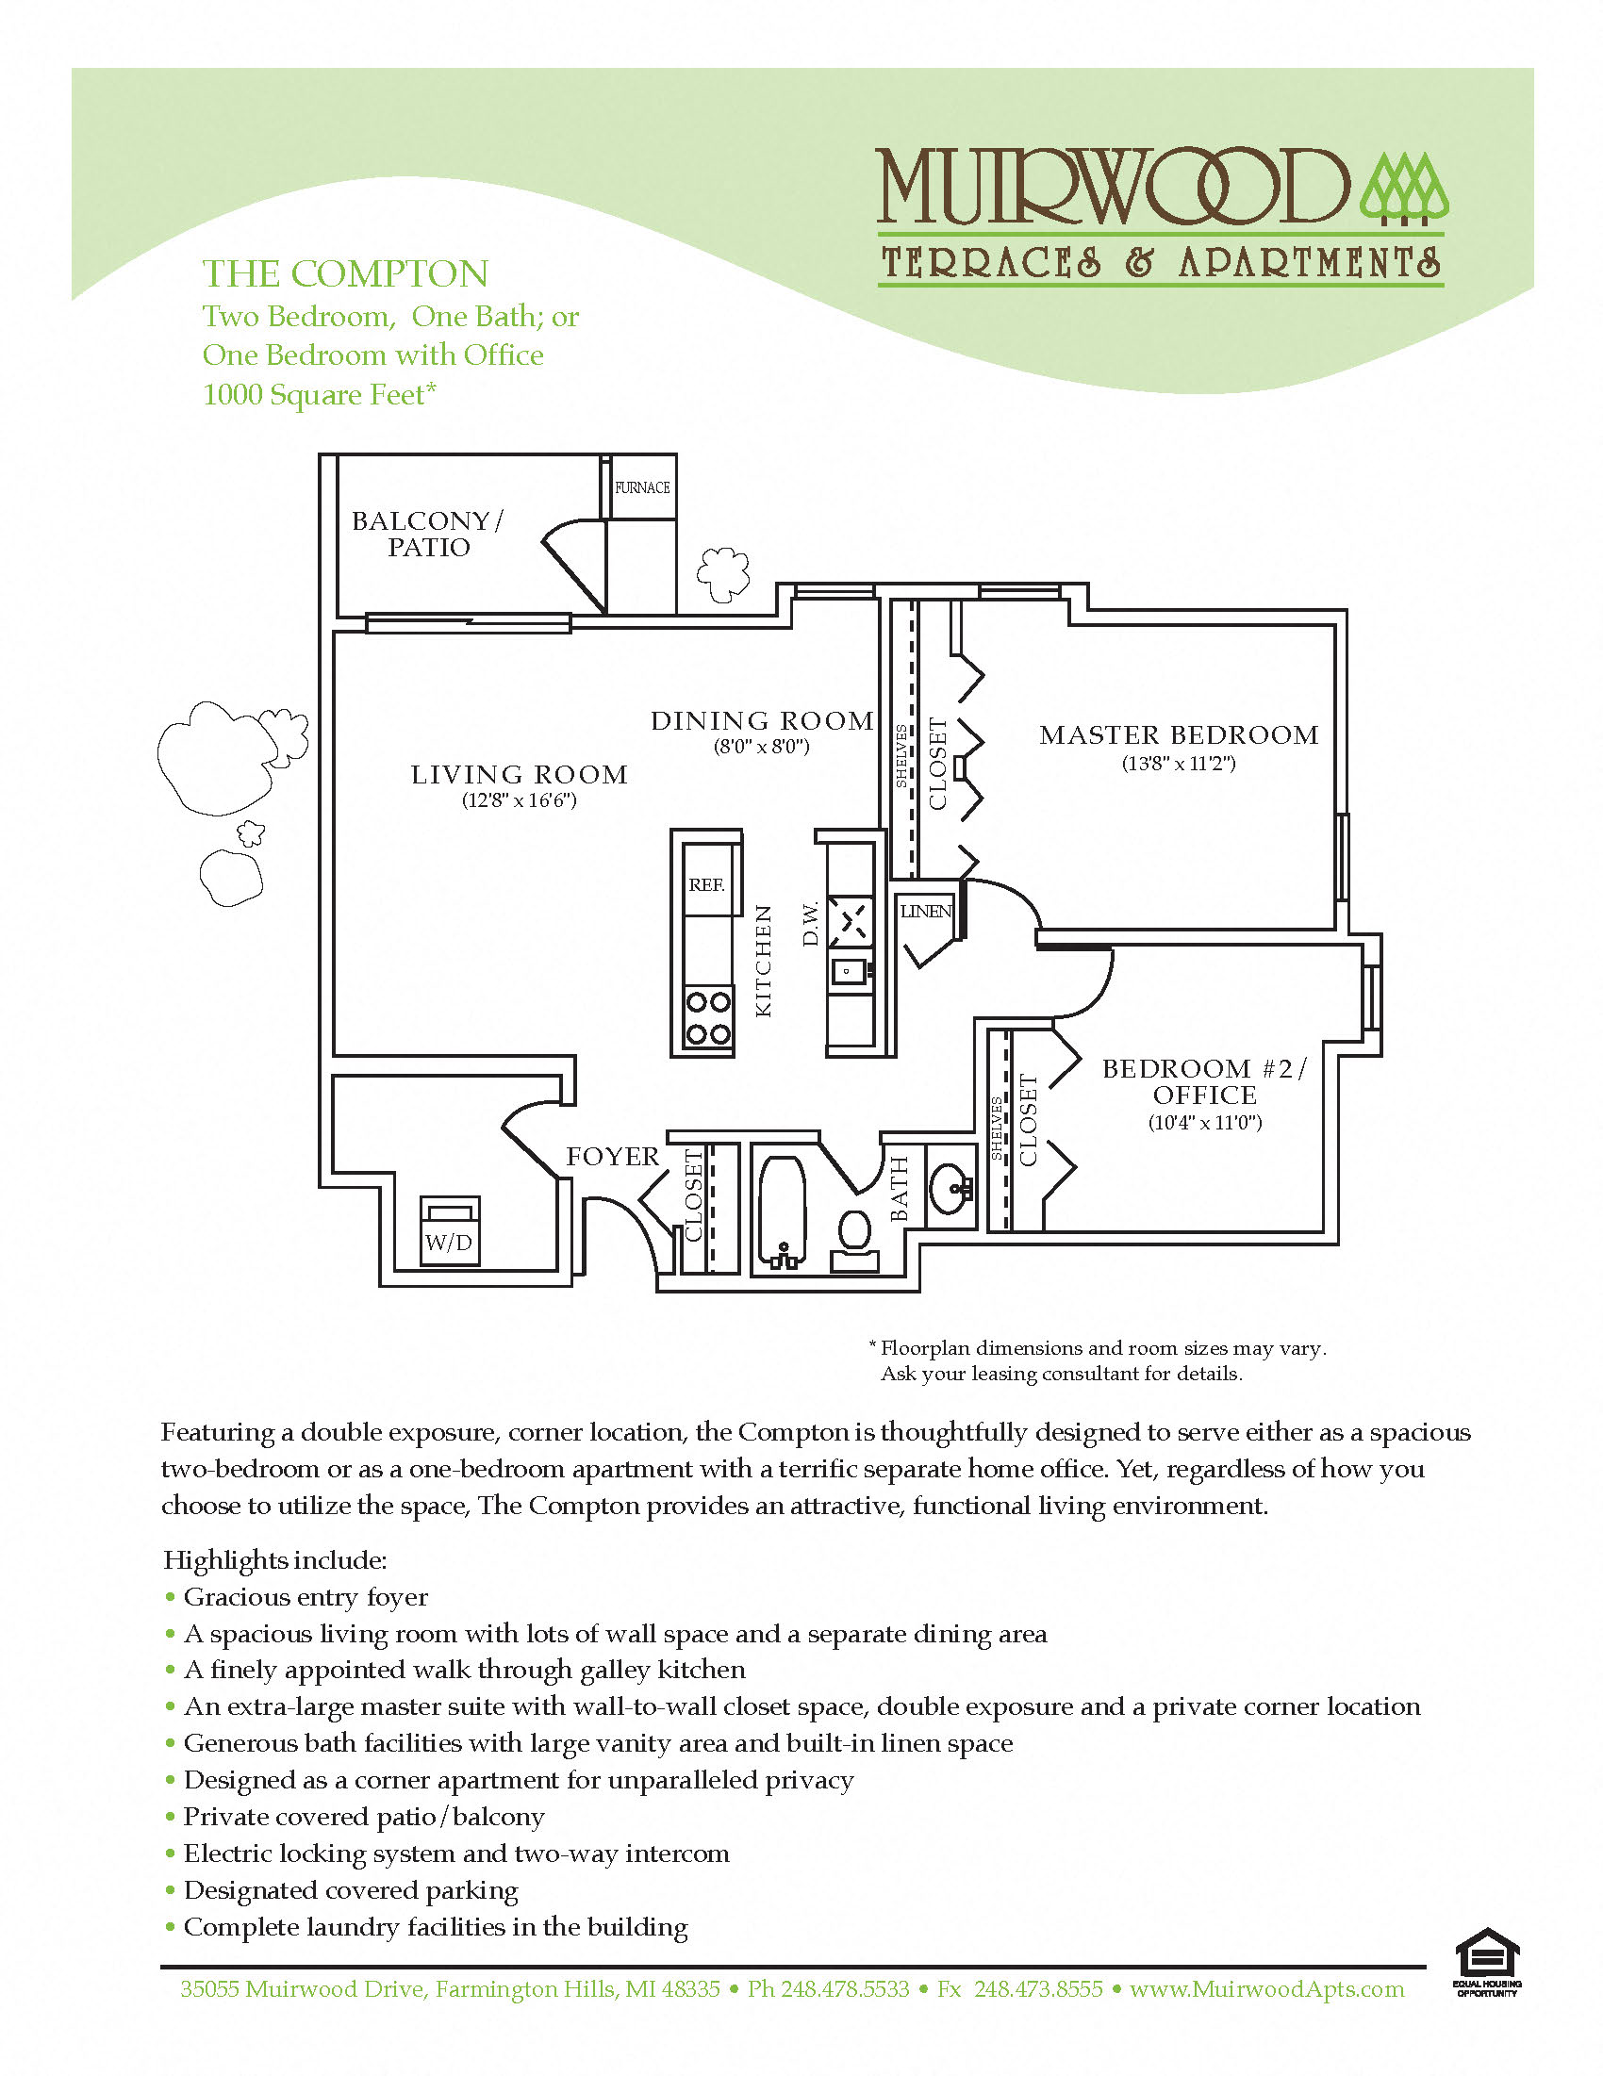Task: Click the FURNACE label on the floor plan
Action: coord(642,487)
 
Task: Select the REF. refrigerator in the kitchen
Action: coord(707,884)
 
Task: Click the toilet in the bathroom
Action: coord(854,1232)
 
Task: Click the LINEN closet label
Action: coord(926,911)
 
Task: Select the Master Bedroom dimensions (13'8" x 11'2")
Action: coord(1179,764)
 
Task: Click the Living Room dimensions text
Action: coord(520,800)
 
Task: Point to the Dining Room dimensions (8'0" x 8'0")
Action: coord(762,746)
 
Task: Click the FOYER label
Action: coord(612,1157)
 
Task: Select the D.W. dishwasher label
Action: coord(810,924)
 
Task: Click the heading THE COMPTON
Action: coord(345,273)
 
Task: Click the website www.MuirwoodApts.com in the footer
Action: coord(1266,1989)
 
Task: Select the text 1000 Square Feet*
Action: coord(320,394)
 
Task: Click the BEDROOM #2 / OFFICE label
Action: coord(1205,1081)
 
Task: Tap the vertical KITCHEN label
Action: coord(763,961)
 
